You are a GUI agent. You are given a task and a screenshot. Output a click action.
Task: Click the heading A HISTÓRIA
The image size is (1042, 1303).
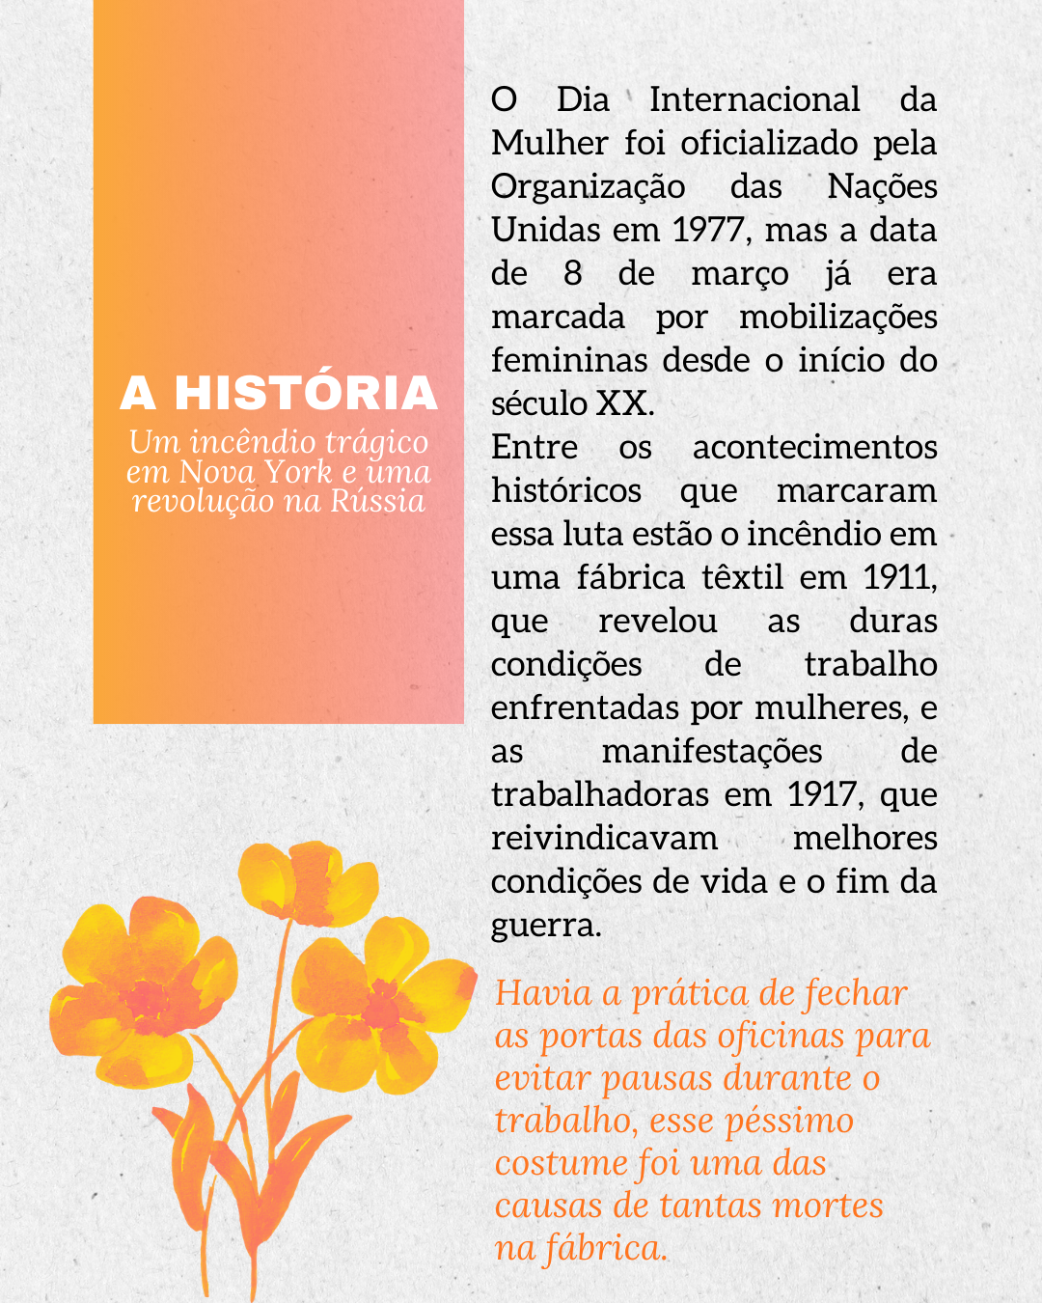tap(279, 393)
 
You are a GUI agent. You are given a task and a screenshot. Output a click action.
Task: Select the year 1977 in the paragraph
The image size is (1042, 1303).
tap(708, 230)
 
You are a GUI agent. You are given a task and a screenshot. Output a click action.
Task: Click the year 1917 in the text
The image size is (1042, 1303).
tap(821, 794)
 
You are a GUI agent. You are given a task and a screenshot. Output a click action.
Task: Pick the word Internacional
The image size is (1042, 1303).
tap(754, 99)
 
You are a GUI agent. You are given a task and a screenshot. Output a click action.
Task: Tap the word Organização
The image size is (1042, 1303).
tap(588, 186)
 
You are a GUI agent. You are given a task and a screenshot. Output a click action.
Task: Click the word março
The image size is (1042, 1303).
tap(739, 274)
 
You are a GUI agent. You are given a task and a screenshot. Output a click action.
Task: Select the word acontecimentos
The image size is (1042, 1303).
tap(814, 447)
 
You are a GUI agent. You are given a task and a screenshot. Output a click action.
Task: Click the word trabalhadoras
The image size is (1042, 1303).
tap(599, 794)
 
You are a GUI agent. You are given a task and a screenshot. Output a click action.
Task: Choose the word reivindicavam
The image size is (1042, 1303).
tap(604, 838)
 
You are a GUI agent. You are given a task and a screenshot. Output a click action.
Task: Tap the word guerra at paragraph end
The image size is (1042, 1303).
tap(545, 926)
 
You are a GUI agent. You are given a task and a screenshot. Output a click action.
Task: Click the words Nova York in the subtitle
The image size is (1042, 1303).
tap(255, 472)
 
